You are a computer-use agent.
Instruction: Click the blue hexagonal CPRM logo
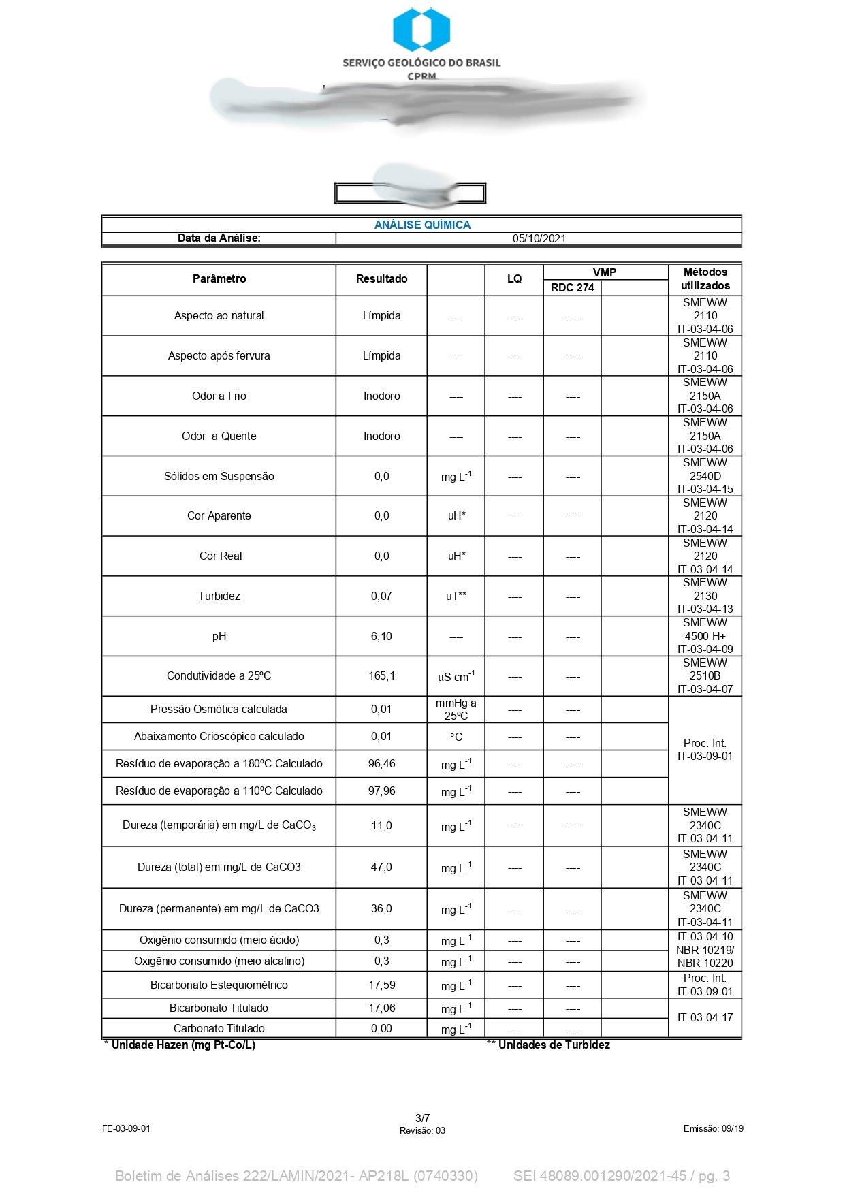[421, 29]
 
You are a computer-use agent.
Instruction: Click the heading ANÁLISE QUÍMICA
[422, 225]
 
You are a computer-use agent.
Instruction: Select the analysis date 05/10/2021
[539, 238]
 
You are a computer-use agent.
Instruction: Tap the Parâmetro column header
[219, 279]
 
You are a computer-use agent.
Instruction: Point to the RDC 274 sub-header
[572, 287]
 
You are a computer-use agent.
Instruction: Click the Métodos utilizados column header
[705, 279]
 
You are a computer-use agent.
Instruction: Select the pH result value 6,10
[381, 636]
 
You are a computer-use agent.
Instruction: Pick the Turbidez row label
[219, 596]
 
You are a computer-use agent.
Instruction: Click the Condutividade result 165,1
[381, 676]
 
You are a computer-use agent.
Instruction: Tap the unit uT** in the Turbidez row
[456, 596]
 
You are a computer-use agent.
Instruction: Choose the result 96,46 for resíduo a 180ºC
[381, 764]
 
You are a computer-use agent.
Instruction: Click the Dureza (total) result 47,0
[381, 867]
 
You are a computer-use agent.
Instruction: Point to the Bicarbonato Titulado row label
[219, 1008]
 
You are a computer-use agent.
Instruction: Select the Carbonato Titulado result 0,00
[381, 1028]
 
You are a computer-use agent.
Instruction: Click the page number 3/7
[422, 1118]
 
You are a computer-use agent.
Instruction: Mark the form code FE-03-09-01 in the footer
[126, 1128]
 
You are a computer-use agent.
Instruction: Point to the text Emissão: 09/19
[713, 1128]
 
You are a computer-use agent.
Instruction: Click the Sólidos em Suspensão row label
[219, 476]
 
